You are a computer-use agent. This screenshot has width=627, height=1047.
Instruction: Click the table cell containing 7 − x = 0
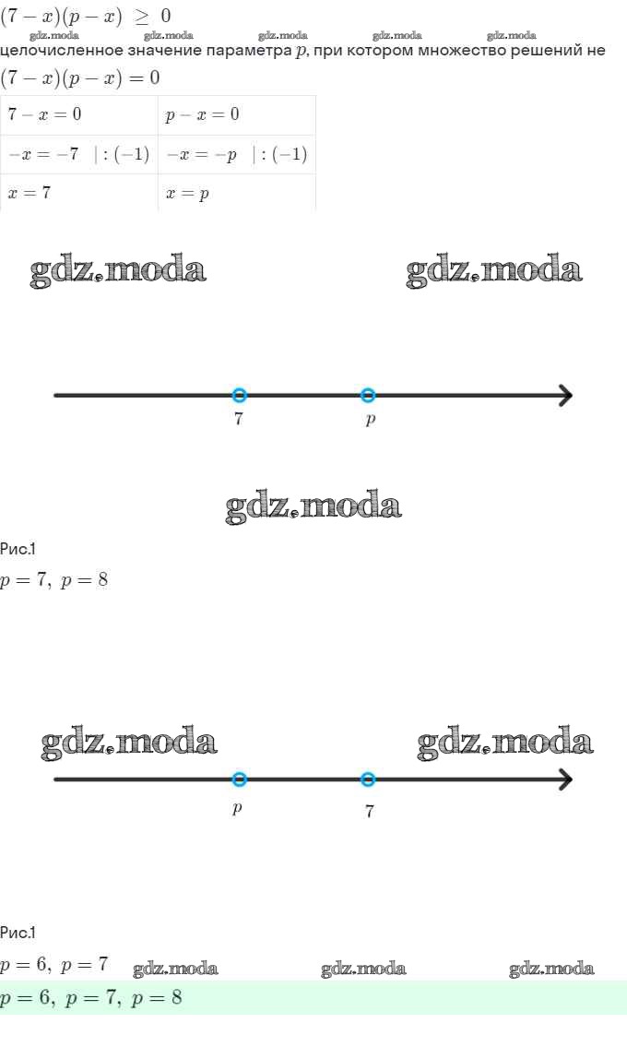point(79,114)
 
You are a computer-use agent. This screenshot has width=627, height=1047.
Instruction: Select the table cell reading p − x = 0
point(236,114)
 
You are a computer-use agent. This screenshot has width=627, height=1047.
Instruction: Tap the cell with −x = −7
point(79,154)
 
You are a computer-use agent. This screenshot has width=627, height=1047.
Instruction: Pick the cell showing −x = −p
point(236,154)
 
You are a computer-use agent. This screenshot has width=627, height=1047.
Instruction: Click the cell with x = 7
point(79,193)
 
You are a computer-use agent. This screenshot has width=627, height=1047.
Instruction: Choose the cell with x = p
point(236,193)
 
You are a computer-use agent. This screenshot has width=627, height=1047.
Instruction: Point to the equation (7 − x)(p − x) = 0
point(79,77)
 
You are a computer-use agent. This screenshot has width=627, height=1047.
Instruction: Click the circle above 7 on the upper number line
point(240,395)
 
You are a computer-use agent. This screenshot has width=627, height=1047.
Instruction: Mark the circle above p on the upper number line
point(368,395)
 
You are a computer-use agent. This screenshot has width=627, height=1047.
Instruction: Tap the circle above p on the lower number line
point(240,779)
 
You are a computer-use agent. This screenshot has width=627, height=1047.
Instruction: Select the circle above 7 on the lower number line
point(368,779)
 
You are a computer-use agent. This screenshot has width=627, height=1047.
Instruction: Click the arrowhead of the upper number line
point(564,395)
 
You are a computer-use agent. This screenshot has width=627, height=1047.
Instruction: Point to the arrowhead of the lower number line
point(564,779)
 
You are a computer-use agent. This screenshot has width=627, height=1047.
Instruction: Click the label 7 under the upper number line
point(239,420)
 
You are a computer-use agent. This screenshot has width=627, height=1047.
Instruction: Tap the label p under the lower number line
point(238,808)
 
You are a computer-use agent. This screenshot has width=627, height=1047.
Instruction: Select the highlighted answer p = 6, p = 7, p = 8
point(91,997)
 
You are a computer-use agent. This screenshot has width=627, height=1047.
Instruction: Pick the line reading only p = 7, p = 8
point(54,581)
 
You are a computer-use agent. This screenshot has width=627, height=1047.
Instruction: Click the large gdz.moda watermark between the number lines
point(313,506)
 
